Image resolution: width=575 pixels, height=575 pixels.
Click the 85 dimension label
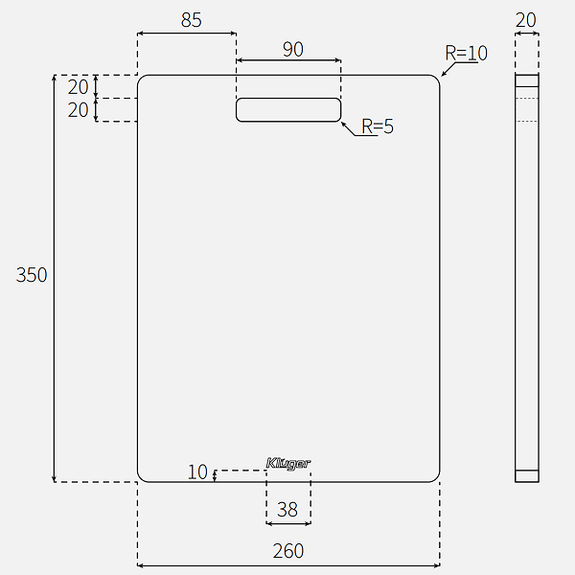click(191, 20)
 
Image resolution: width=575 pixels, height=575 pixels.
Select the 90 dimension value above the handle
click(293, 50)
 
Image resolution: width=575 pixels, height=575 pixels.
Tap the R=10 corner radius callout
click(466, 53)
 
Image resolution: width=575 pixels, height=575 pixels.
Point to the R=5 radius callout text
click(378, 126)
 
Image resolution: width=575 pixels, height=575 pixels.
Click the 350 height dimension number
click(32, 275)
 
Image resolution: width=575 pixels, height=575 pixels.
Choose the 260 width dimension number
click(288, 551)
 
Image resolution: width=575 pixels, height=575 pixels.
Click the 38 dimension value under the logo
click(287, 510)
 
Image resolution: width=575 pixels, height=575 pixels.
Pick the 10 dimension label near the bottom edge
click(197, 471)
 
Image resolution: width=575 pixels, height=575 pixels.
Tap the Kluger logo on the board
click(288, 464)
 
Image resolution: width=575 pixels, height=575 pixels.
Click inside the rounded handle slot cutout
click(288, 109)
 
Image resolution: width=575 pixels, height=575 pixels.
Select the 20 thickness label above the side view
click(526, 20)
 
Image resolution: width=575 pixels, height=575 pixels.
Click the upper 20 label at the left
click(79, 87)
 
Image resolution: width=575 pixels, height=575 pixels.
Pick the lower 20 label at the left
click(79, 110)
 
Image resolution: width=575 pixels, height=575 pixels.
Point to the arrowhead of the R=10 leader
click(442, 75)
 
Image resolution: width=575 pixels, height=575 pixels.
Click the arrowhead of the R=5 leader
click(342, 123)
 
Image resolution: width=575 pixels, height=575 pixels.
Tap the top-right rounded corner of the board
click(436, 79)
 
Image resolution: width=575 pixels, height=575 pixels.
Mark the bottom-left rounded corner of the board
click(141, 478)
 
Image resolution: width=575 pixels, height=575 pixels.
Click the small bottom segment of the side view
click(527, 476)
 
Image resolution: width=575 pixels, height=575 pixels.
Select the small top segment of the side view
click(527, 80)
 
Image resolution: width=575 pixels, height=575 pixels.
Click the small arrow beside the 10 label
click(215, 476)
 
